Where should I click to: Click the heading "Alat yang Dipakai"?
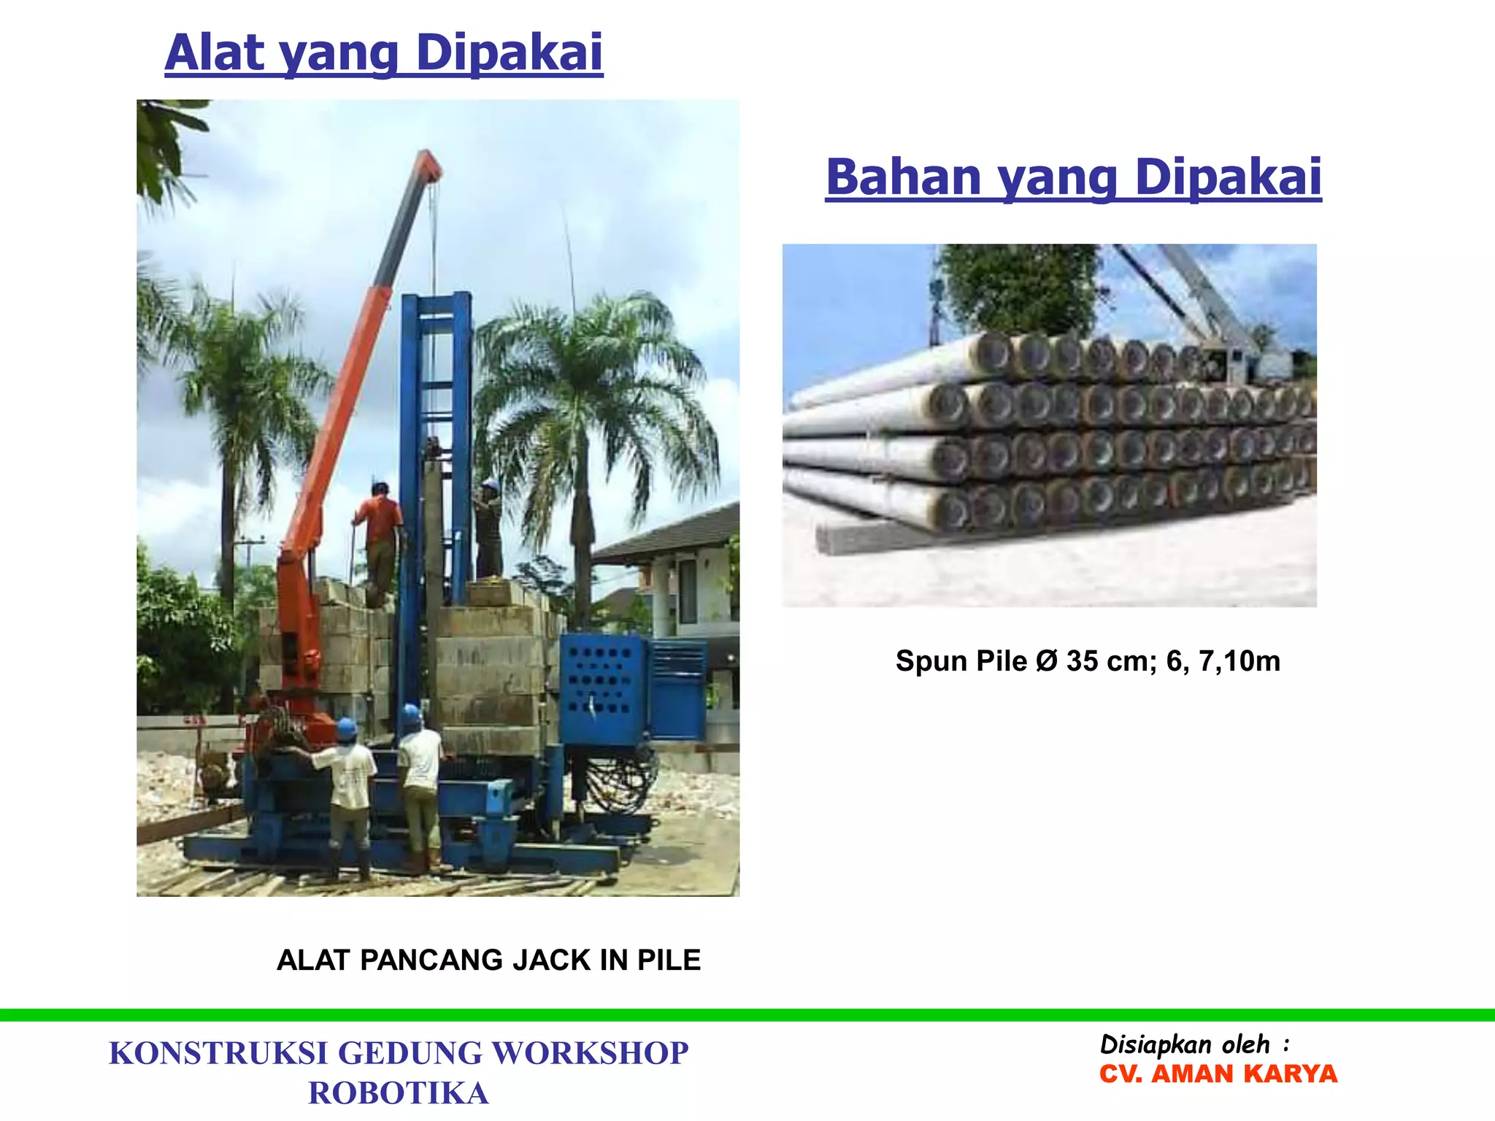(384, 53)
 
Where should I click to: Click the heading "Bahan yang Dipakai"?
(1073, 177)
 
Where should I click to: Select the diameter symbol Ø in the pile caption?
(1046, 661)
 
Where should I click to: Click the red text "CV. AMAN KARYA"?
(1218, 1074)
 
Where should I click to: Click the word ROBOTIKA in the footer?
(398, 1093)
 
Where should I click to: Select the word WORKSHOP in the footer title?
(590, 1053)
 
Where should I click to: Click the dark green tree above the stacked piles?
(1018, 288)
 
